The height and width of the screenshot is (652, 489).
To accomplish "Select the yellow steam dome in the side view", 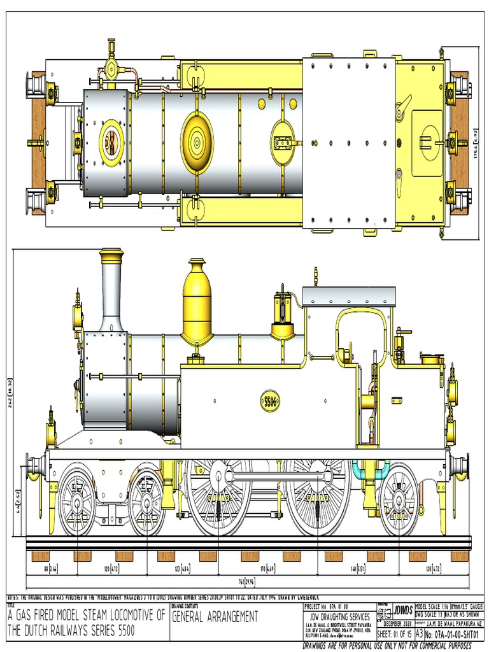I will (197, 302).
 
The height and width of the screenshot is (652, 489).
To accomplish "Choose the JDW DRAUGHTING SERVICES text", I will (339, 616).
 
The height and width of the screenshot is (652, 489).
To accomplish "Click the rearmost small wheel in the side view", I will (399, 500).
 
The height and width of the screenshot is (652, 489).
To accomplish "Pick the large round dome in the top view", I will (197, 141).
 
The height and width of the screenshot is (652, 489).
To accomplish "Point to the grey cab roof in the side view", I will (349, 295).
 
